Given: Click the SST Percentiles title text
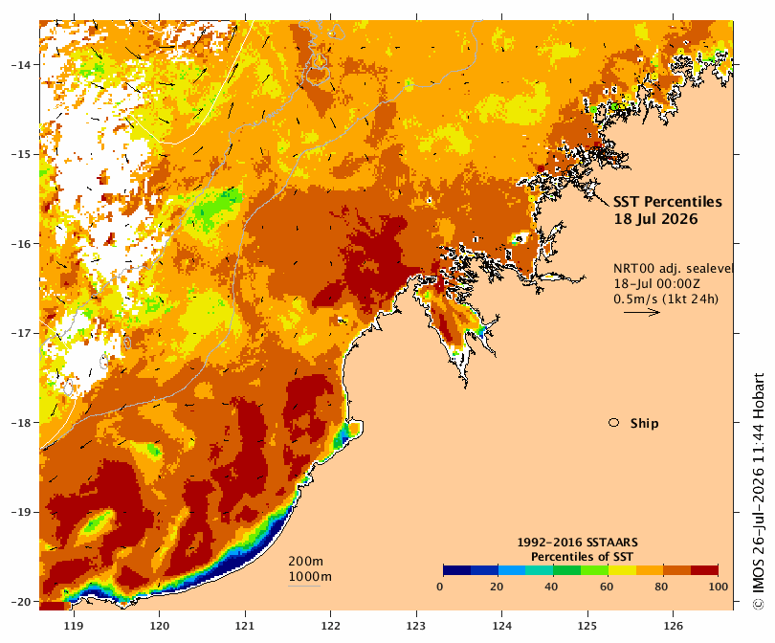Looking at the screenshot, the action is (x=667, y=202).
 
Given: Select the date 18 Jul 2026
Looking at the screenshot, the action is (x=655, y=219).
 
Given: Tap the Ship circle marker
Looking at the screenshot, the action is (x=614, y=423).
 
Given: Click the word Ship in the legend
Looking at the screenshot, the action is (x=644, y=424).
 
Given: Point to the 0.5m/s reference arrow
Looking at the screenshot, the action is (x=642, y=312).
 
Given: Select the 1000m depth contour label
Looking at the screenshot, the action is (x=310, y=577).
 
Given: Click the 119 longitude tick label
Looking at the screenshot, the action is (x=74, y=626).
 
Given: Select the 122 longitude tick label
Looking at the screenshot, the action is (x=331, y=626).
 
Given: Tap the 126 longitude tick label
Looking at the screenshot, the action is (x=674, y=626).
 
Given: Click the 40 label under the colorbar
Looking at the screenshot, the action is (x=551, y=587).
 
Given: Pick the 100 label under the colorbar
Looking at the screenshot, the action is (x=719, y=587).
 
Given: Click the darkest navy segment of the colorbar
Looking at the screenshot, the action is (x=457, y=570).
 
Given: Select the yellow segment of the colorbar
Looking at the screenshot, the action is (x=622, y=570).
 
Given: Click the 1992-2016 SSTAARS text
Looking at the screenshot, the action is (x=577, y=543).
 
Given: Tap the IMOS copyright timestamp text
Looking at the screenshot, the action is (x=759, y=491).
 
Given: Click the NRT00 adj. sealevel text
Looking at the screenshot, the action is (x=673, y=268).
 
